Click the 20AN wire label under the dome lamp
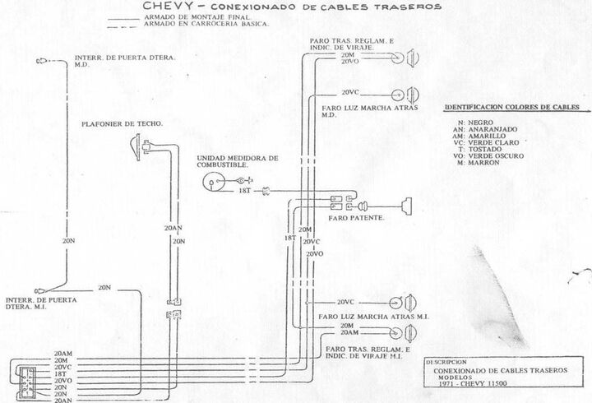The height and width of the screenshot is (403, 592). point(173,228)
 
